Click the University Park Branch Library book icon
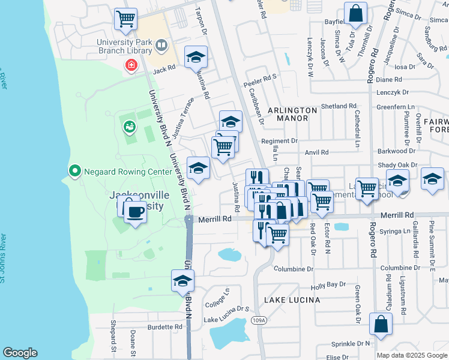click(x=161, y=46)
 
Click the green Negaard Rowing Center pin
click(x=74, y=172)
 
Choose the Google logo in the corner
click(x=20, y=353)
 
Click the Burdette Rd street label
click(x=164, y=327)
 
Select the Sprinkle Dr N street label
click(x=351, y=344)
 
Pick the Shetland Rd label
click(x=339, y=106)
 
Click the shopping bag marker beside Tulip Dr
click(x=355, y=13)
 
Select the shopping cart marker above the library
click(x=125, y=19)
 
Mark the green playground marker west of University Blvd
click(x=129, y=127)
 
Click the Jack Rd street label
click(x=163, y=70)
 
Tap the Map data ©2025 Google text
click(x=412, y=355)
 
